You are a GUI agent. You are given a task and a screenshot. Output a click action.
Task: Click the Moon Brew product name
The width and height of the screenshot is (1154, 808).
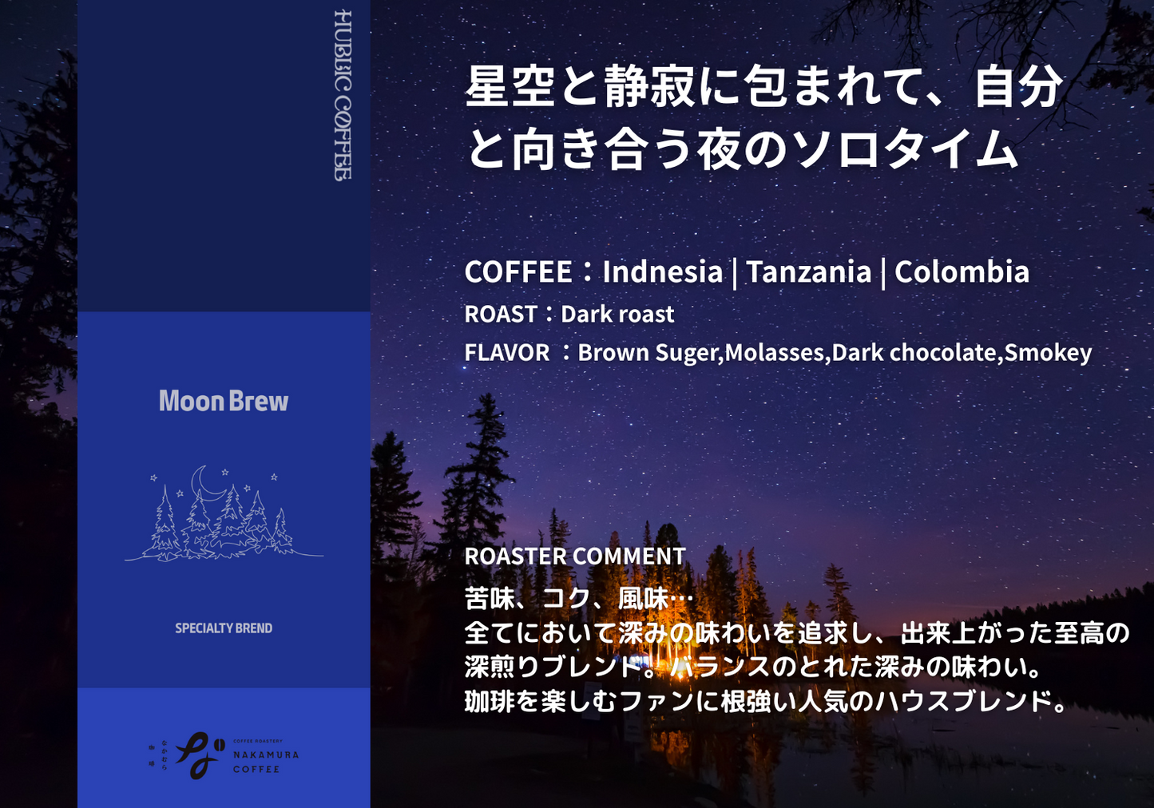coord(223,401)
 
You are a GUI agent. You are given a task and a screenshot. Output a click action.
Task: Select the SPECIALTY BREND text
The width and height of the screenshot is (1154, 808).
coord(224,628)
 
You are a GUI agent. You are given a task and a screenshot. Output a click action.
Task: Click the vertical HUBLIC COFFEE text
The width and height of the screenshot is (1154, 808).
coord(343,95)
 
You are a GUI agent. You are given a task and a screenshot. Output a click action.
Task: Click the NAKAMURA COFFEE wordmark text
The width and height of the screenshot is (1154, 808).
coord(265,762)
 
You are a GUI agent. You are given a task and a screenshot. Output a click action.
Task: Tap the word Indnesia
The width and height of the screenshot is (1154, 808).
coord(662,272)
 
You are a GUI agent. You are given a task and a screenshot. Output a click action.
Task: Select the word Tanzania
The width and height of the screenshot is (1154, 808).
coord(808,272)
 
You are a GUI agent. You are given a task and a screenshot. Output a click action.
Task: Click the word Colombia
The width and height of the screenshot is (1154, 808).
coord(962,272)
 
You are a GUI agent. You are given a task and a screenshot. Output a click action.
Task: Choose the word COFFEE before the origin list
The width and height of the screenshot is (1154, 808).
coord(518,272)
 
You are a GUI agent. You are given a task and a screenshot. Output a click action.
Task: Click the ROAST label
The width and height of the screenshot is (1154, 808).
coord(501,315)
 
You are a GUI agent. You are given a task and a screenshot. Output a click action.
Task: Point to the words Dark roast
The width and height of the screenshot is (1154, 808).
coord(617,315)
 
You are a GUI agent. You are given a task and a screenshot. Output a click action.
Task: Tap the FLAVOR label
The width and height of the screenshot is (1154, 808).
coord(507,353)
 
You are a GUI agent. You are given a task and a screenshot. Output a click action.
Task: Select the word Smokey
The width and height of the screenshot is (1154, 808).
coord(1048,353)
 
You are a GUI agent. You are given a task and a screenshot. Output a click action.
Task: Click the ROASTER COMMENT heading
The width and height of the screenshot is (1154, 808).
coord(575,556)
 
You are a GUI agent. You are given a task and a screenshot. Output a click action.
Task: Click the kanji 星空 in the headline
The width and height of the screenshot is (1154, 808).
coord(510,86)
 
